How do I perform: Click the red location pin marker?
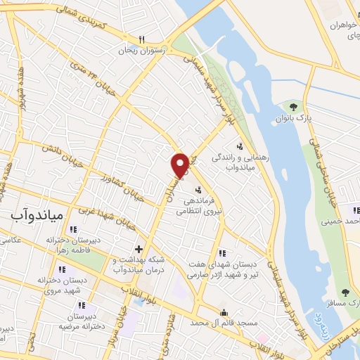click(x=180, y=165)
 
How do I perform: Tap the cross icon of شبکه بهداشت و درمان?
click(x=139, y=248)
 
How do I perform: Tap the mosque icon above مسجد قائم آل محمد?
click(x=224, y=313)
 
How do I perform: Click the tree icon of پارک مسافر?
click(x=345, y=292)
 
